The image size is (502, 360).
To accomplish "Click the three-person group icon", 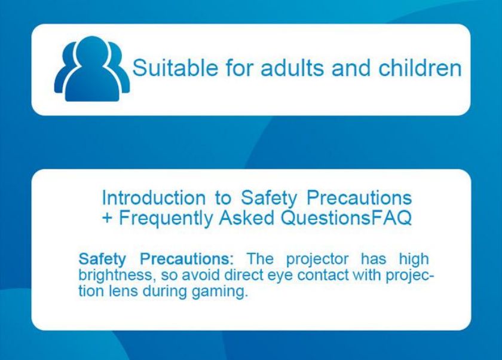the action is (92, 69).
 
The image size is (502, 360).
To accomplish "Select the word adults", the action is (293, 68).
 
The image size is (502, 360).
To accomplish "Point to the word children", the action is (420, 68).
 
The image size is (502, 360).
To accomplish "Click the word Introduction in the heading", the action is (154, 197).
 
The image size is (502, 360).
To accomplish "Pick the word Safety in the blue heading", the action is (269, 198).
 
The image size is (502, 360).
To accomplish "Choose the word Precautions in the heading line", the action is (359, 197).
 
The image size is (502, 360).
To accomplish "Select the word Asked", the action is (246, 218).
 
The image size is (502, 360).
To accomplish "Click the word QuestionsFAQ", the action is (346, 218).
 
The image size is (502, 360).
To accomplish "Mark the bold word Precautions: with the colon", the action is (187, 259).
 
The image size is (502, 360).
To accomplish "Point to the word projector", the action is (317, 260).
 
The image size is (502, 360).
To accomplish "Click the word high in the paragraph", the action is (414, 260).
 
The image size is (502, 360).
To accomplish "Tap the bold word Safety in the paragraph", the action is (102, 260).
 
